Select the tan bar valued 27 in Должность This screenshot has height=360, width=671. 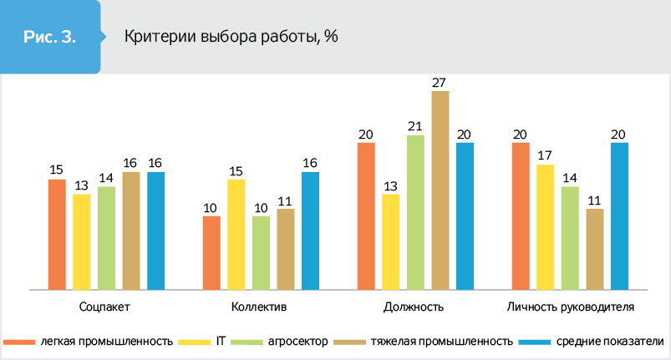[440, 190]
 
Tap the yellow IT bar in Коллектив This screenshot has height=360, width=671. [235, 234]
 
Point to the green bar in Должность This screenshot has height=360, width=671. [415, 212]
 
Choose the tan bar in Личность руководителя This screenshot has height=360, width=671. [594, 248]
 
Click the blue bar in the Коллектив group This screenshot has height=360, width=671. [310, 231]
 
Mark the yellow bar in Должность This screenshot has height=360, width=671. [390, 241]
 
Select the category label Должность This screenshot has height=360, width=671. [413, 307]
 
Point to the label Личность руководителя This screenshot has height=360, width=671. [571, 307]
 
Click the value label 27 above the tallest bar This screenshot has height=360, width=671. [440, 82]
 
